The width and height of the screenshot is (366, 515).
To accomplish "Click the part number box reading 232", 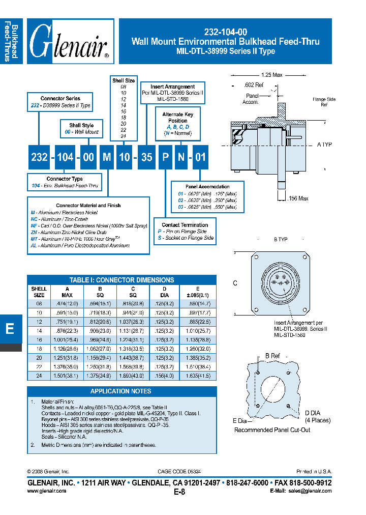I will coord(39,157).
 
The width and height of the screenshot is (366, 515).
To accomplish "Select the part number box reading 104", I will coord(65,157).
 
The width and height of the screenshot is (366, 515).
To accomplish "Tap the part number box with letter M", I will coord(107,157).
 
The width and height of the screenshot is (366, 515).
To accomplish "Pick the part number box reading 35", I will coord(146,157).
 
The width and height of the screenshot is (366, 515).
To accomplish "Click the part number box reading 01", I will coord(201,157).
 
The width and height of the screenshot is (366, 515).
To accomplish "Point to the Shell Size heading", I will coord(124,80).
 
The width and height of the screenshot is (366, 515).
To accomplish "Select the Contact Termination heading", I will coord(185,224).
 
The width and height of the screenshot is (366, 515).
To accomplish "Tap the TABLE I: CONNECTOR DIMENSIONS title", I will coord(121,280).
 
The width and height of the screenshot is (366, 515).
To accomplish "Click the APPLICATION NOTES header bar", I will coord(120,391).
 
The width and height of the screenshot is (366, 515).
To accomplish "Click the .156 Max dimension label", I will coord(297,198).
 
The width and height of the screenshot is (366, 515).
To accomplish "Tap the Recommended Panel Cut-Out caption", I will coord(272,430).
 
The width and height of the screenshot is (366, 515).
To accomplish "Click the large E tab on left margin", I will coord(10,329).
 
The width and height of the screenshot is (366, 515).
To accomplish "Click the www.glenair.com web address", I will coord(46,491).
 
